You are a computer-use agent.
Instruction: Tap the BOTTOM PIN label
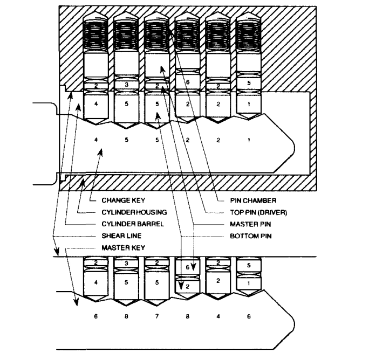click(248, 236)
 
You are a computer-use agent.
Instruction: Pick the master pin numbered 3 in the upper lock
click(126, 85)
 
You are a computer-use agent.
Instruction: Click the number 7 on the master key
click(156, 317)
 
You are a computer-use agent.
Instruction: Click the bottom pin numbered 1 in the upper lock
click(249, 103)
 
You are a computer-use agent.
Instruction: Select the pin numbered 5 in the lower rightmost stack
click(248, 265)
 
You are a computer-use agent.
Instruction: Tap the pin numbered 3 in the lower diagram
click(126, 262)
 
